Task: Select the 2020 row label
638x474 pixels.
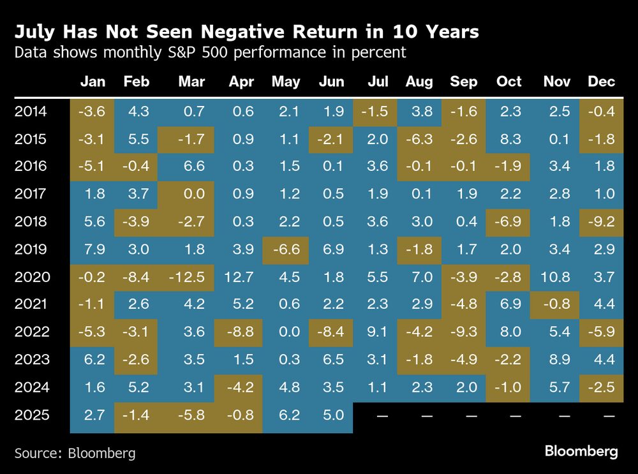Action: [31, 276]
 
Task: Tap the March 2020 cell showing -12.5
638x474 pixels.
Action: [188, 276]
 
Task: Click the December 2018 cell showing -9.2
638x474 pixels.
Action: [601, 222]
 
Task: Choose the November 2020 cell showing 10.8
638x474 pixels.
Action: [556, 276]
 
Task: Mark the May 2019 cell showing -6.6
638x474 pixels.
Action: [285, 249]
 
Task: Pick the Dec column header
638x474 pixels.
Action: [601, 82]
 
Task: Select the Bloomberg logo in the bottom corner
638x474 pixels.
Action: [581, 452]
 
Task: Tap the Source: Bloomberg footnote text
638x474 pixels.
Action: [75, 454]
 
